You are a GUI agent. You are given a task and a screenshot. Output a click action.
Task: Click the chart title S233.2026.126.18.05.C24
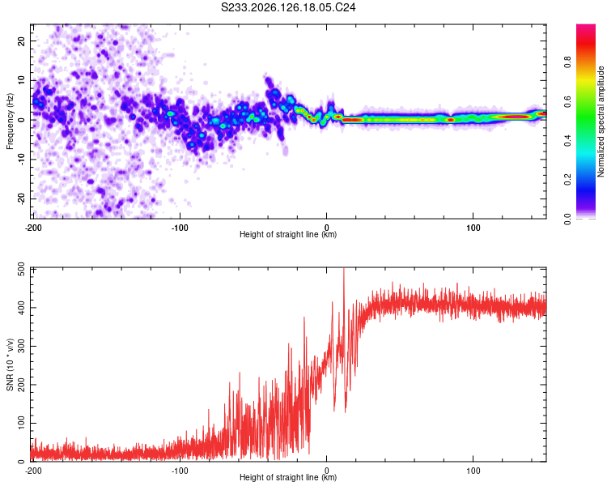[x=288, y=7]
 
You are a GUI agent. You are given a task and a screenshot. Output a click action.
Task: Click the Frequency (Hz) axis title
[x=10, y=122]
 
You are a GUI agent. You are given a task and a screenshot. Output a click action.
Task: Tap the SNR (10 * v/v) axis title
[x=10, y=364]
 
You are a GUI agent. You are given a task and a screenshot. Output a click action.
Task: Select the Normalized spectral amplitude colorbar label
[x=601, y=122]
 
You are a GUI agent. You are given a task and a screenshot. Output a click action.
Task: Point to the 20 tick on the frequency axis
[x=21, y=40]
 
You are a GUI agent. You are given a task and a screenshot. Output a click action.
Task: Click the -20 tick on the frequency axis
[x=21, y=198]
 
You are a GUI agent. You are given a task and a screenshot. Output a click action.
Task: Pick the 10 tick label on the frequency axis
[x=21, y=80]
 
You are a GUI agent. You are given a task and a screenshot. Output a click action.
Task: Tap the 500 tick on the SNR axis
[x=21, y=270]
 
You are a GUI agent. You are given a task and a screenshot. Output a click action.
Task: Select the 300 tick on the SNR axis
[x=21, y=346]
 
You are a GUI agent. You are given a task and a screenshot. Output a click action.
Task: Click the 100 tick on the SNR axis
[x=21, y=423]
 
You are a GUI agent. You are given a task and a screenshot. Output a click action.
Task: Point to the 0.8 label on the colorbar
[x=567, y=62]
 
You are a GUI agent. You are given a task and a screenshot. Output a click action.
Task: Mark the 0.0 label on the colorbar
[x=567, y=220]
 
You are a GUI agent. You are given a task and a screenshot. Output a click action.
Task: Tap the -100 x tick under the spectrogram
[x=180, y=228]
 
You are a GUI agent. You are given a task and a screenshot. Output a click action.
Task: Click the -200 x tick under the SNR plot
[x=33, y=471]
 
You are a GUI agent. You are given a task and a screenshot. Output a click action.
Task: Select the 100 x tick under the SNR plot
[x=473, y=471]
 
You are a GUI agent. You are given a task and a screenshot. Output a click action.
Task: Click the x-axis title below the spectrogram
[x=288, y=234]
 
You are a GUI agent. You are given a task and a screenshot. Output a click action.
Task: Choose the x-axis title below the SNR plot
[x=288, y=477]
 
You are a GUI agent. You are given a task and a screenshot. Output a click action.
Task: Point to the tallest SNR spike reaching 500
[x=344, y=269]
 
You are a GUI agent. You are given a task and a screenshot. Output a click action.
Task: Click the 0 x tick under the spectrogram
[x=327, y=228]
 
